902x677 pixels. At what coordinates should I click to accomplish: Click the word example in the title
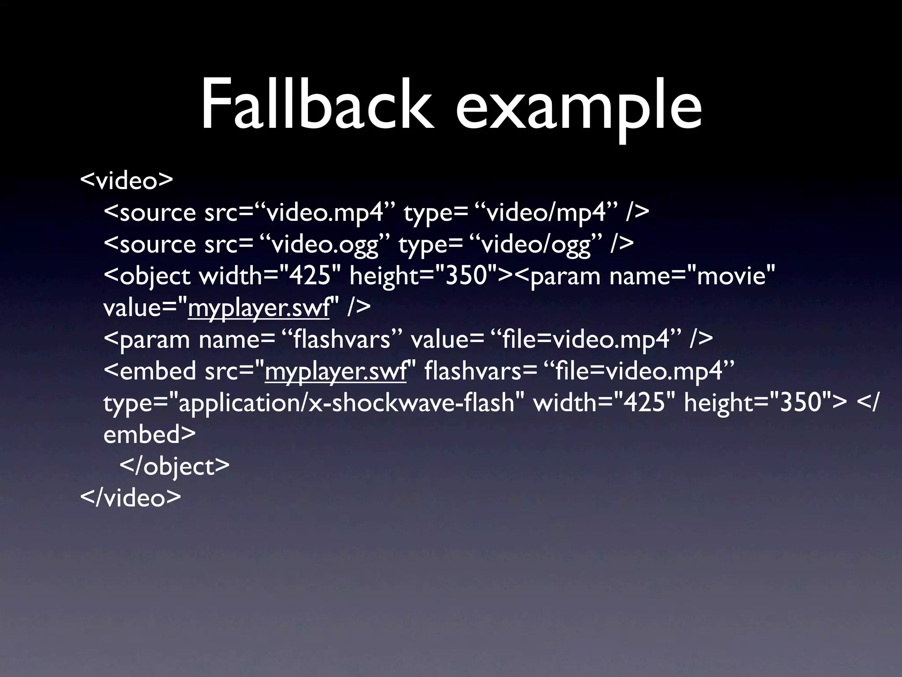coord(578,108)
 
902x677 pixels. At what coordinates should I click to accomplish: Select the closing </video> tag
coord(130,497)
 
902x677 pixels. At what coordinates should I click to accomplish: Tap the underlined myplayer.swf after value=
coord(259,308)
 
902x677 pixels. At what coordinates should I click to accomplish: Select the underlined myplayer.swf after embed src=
coord(336,371)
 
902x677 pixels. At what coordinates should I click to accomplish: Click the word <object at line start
coord(147,276)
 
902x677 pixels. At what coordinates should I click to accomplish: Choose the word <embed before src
coord(150,371)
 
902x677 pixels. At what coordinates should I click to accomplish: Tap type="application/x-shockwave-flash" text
coord(308,403)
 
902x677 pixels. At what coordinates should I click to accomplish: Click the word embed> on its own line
coord(149,435)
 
